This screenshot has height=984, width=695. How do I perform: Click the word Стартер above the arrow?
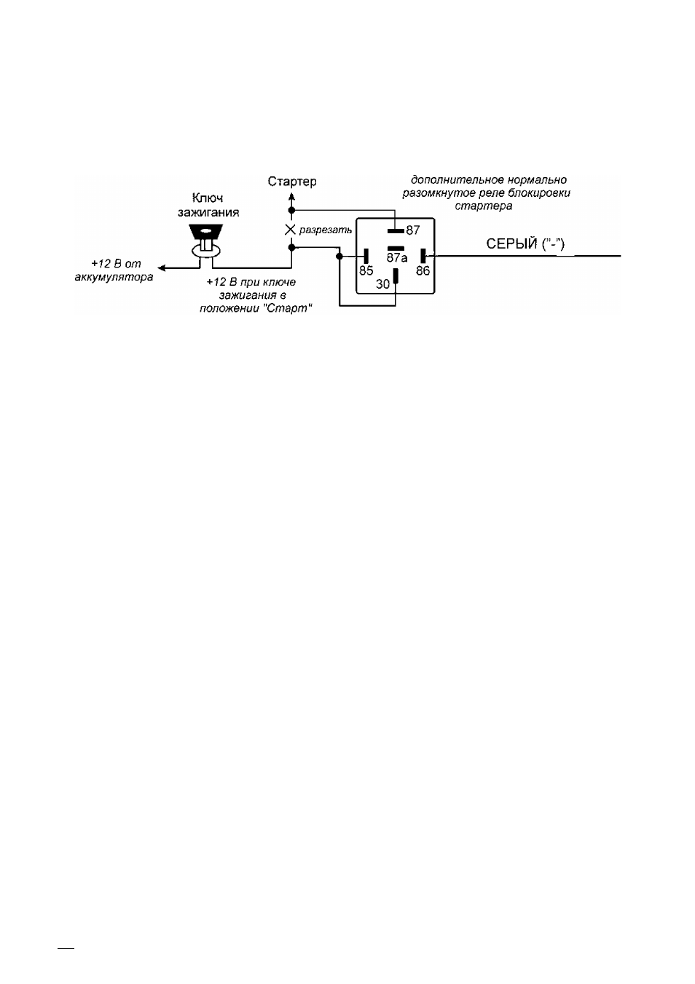(x=292, y=181)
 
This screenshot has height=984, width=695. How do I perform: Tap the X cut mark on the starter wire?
(x=290, y=230)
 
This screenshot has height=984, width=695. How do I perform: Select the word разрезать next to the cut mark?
(x=326, y=230)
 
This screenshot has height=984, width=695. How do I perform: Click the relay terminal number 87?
(x=412, y=230)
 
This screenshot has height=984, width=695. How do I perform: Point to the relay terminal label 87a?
(x=397, y=258)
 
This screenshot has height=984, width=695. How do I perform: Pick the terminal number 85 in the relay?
(x=366, y=270)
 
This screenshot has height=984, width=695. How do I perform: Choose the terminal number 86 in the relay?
(x=423, y=270)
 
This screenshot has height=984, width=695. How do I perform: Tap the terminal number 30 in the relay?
(x=383, y=285)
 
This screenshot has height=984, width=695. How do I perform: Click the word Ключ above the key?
(x=208, y=198)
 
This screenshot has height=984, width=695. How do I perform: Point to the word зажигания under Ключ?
(x=208, y=213)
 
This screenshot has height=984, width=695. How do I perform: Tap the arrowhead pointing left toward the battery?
(x=162, y=268)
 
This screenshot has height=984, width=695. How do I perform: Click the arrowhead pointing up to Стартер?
(x=291, y=195)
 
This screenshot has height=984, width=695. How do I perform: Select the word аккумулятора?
(x=114, y=278)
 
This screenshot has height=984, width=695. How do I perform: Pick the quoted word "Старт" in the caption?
(x=287, y=308)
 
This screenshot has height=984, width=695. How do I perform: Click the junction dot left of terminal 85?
(x=339, y=256)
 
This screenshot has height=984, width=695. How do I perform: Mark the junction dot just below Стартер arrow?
(x=291, y=210)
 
